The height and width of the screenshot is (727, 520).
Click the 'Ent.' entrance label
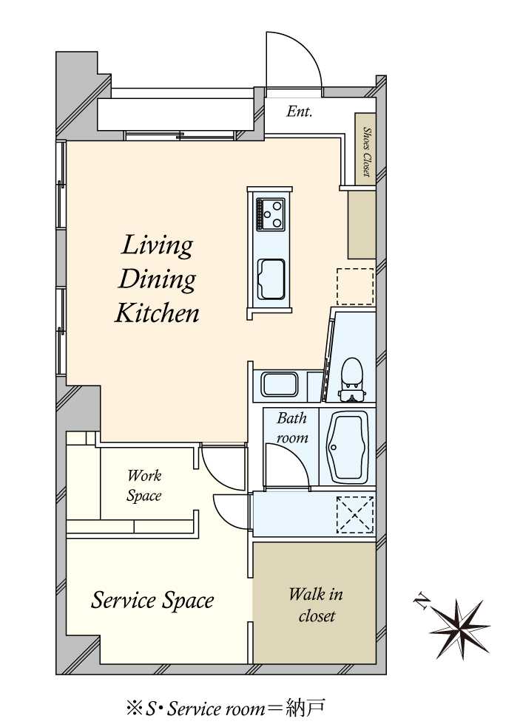pos(299,112)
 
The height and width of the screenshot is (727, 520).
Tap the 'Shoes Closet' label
pos(367,151)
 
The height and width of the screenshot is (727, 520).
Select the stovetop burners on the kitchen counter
pos(270,214)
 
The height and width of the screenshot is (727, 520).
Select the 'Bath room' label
pos(292,428)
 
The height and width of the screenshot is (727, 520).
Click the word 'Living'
pos(157,246)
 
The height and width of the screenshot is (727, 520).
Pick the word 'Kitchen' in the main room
pos(157,313)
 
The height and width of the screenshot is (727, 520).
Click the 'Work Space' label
pos(144,485)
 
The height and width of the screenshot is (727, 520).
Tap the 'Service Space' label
pos(152,600)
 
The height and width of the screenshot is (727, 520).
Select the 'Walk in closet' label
pos(316,605)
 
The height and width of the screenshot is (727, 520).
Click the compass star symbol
pos(459,629)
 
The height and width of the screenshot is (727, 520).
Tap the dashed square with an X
pos(355,515)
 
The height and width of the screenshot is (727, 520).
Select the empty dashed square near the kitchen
pos(355,287)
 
